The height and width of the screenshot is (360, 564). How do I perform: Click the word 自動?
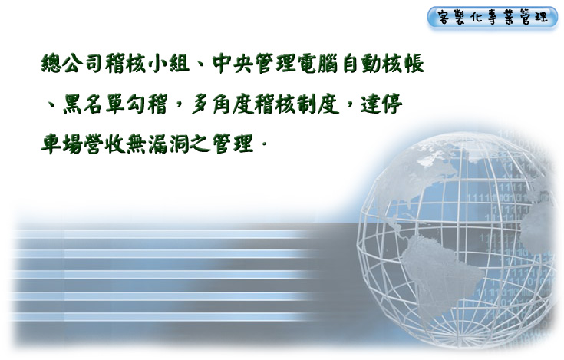click(x=361, y=64)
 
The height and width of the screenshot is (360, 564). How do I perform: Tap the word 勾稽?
click(x=147, y=104)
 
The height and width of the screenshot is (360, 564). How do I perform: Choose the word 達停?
click(x=381, y=104)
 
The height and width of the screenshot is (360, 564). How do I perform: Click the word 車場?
click(x=61, y=144)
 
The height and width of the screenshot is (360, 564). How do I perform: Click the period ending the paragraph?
click(x=265, y=144)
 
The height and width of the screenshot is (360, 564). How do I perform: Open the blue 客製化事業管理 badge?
click(x=493, y=17)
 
